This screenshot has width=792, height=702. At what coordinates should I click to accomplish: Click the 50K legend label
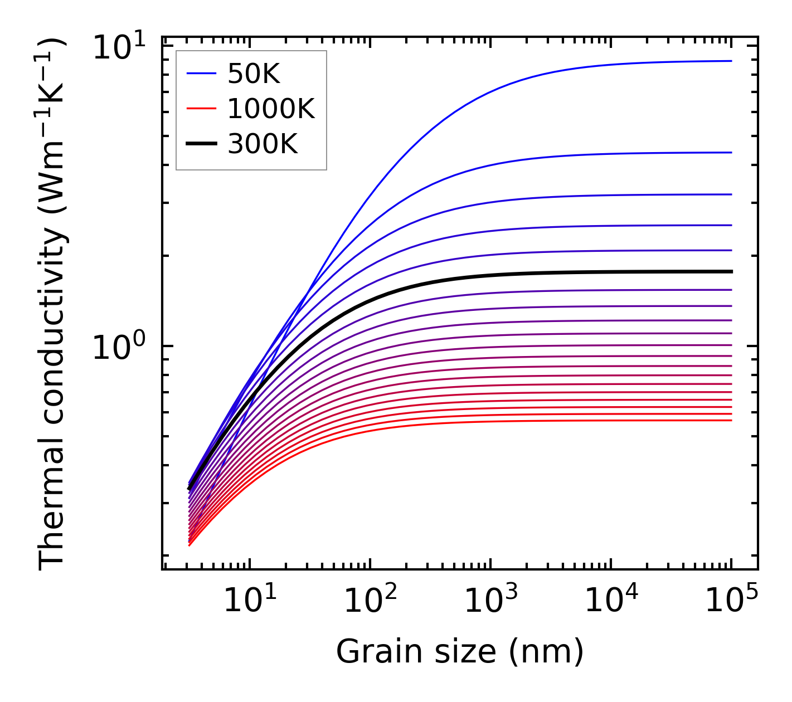click(254, 74)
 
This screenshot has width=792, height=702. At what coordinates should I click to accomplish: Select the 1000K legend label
click(271, 109)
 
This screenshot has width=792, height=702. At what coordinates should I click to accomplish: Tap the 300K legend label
click(263, 144)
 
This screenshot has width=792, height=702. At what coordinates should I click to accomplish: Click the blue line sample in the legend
click(201, 73)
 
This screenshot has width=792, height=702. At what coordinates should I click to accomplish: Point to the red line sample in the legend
click(201, 109)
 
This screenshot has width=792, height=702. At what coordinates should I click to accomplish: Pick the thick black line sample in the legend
click(201, 144)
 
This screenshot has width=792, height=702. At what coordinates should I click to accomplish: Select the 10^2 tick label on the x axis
click(370, 601)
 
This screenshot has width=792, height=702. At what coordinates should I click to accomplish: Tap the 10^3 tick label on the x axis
click(490, 601)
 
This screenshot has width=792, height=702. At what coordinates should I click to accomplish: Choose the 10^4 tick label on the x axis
click(611, 601)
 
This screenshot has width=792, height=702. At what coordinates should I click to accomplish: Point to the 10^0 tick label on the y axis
click(119, 347)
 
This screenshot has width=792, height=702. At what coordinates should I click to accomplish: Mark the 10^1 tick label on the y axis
click(119, 48)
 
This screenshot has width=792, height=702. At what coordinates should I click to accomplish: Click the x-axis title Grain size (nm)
click(460, 651)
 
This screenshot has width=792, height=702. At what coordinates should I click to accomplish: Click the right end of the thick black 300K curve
click(731, 271)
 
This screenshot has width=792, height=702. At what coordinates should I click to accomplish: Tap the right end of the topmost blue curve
click(731, 61)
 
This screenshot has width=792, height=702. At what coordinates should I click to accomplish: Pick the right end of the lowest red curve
click(731, 420)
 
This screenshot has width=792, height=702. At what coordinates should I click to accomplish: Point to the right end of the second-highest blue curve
click(731, 152)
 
